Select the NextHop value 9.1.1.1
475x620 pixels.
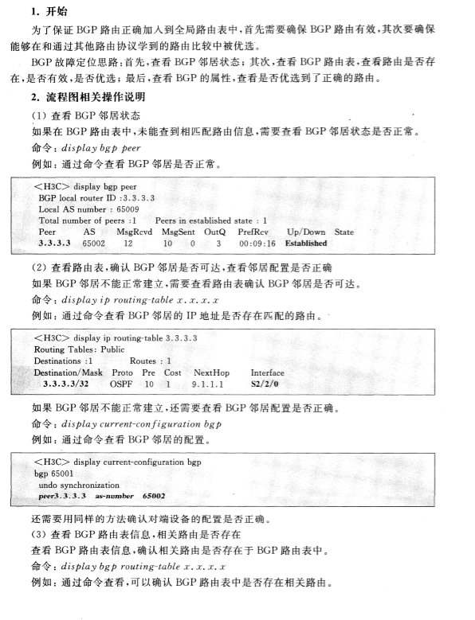coord(210,384)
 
